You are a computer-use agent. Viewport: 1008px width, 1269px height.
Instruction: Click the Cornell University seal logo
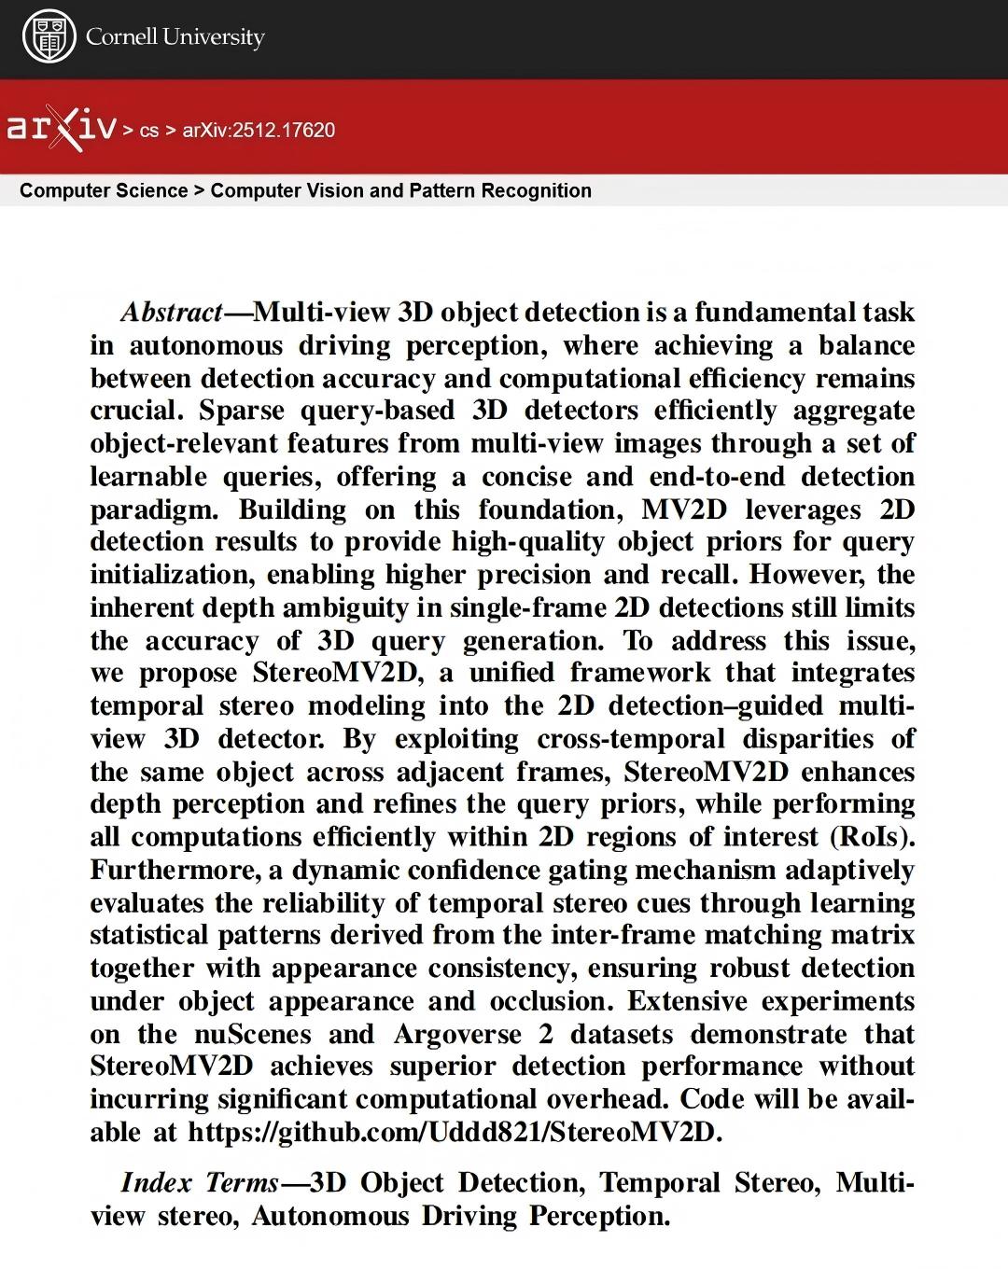coord(49,37)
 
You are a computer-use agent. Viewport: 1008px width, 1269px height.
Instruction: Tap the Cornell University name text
coord(175,37)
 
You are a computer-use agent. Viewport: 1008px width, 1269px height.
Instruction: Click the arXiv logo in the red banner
coord(62,129)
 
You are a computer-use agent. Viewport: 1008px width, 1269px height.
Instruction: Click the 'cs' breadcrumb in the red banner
coord(149,130)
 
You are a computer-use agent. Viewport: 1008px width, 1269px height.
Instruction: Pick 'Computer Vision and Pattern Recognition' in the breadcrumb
coord(400,190)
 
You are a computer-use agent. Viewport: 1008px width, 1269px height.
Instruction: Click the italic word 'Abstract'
coord(172,312)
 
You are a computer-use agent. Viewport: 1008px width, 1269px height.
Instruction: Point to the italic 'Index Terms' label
coord(200,1183)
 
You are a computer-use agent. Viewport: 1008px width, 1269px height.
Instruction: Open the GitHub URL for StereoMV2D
coord(455,1133)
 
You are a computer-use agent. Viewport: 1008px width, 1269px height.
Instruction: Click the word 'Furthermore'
coord(175,870)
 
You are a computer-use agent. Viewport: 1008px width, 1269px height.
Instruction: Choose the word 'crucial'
coord(133,411)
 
